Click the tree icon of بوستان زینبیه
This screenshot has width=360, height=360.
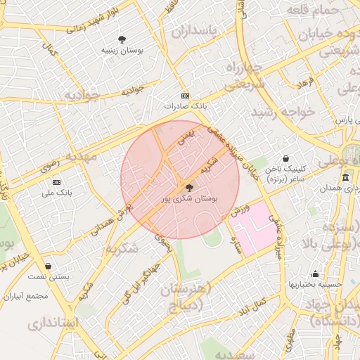[123, 39]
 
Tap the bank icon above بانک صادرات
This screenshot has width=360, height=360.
[185, 95]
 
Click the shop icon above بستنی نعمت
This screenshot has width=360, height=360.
[48, 266]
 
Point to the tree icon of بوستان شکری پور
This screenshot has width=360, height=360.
[188, 187]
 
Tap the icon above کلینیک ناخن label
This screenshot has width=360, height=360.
[285, 159]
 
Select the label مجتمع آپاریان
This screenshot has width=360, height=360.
[25, 296]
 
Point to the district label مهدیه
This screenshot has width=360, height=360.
[80, 156]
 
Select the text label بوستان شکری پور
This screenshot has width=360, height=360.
[188, 200]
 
